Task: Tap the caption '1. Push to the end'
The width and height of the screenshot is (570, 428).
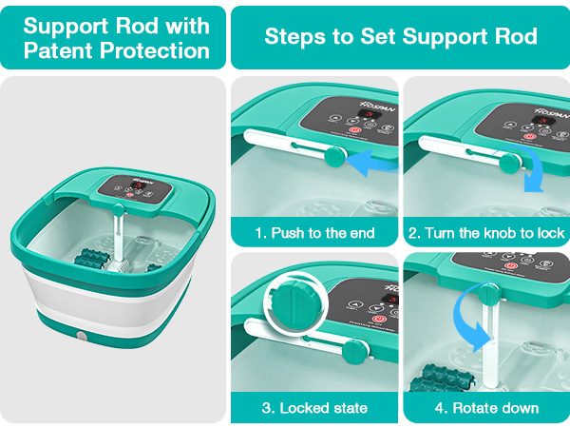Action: click(314, 232)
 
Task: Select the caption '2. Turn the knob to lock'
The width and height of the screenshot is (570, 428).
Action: click(486, 232)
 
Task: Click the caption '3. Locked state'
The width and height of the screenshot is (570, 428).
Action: click(314, 408)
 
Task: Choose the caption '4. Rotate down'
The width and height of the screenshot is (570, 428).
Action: click(486, 408)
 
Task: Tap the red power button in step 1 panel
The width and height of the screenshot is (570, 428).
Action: click(356, 132)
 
